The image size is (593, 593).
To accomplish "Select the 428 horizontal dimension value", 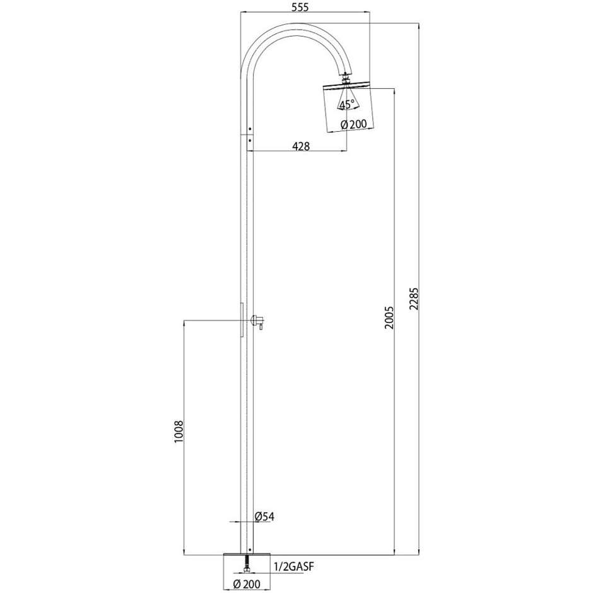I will coord(301,146).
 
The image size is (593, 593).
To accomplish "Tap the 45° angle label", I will coord(346,105).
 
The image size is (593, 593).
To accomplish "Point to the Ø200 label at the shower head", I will coord(353,124).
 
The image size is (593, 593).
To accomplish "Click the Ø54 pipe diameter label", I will coord(264,517).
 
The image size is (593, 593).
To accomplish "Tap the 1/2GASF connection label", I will coord(294,566).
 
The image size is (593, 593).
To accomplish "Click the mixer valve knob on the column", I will coord(258,320).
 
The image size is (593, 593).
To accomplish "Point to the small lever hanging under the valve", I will coord(260,327).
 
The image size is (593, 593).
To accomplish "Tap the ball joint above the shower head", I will coord(345,79).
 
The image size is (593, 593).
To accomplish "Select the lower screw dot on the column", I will coord(250,140).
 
